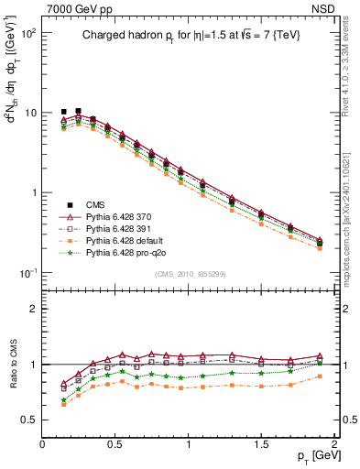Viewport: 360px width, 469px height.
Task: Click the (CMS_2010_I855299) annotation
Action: pyautogui.click(x=190, y=274)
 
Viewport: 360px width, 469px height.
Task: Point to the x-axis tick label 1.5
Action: pyautogui.click(x=261, y=442)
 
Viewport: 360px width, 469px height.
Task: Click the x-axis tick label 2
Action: pyautogui.click(x=334, y=442)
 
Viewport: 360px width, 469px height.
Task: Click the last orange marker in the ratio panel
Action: pyautogui.click(x=320, y=376)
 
